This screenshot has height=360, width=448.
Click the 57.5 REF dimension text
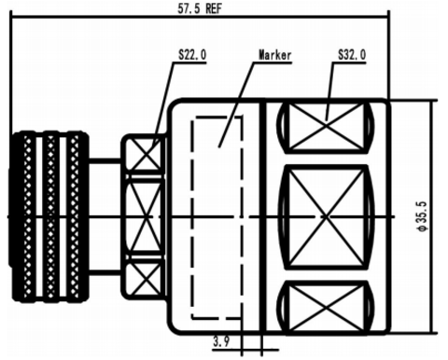(200, 7)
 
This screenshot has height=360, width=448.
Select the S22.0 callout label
(192, 55)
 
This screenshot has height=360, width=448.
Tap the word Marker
(275, 55)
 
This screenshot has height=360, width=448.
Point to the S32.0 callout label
(352, 55)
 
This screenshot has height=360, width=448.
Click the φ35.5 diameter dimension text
(423, 216)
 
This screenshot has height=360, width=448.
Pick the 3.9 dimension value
(221, 342)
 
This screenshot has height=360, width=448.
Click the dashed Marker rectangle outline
(192, 217)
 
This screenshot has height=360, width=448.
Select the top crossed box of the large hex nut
(326, 127)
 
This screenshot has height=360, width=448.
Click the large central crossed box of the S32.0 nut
(326, 216)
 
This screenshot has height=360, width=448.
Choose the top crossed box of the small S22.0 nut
(144, 154)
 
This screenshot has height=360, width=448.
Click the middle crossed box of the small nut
(144, 216)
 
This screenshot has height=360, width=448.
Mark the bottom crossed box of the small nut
(144, 278)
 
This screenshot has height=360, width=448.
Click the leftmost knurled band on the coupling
(28, 216)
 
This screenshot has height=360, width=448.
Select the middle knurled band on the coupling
(50, 216)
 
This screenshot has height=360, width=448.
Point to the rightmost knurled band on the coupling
(75, 216)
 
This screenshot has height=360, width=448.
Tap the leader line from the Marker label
(236, 104)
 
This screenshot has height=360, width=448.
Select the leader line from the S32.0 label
(329, 91)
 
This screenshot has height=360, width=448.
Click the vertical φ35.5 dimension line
(432, 216)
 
